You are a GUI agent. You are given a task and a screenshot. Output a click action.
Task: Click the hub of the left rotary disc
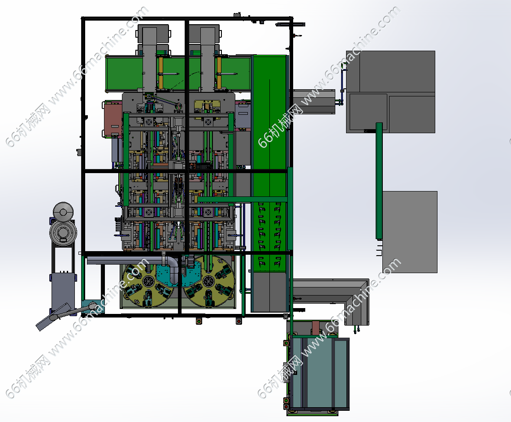149,281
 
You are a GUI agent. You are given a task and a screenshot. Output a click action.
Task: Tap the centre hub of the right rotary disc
208,281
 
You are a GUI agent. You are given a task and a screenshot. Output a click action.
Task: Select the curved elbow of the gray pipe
171,265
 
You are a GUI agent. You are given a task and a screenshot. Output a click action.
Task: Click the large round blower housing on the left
63,232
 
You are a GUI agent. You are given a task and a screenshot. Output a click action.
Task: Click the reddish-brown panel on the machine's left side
113,119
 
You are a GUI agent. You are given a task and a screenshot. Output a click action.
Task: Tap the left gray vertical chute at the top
150,59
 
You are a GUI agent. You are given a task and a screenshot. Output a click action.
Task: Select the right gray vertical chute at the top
208,59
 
